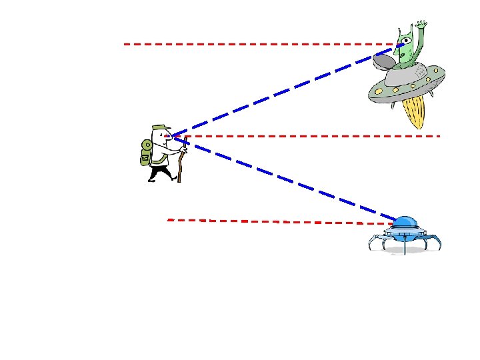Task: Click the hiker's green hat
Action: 160,127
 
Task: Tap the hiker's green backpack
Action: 147,151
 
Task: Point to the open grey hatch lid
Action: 385,61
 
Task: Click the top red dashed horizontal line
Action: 253,44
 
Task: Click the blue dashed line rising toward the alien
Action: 280,92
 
